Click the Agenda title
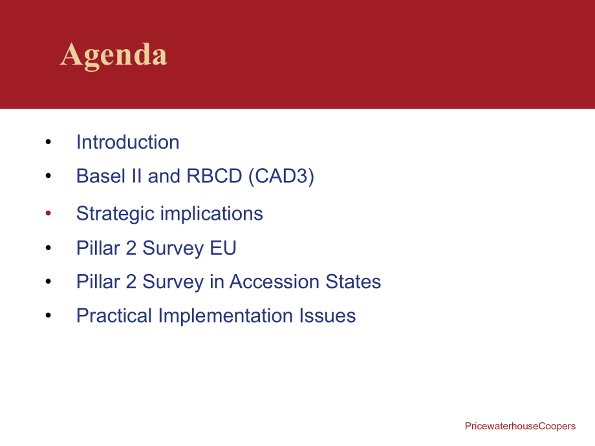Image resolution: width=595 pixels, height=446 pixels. tap(113, 56)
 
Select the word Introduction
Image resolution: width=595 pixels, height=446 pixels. tap(128, 142)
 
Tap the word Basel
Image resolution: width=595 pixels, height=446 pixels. tap(101, 176)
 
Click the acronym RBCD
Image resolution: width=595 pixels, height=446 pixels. tap(215, 176)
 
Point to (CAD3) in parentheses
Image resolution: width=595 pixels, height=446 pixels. tap(281, 176)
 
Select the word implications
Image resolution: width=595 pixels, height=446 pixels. tap(211, 214)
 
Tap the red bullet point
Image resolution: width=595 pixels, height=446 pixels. tap(49, 213)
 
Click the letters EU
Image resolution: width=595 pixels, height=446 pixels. tap(223, 248)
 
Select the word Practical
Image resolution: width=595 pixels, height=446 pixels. tap(114, 315)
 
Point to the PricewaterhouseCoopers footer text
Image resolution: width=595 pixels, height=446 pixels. tap(520, 426)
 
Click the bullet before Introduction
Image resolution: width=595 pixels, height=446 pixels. tap(49, 142)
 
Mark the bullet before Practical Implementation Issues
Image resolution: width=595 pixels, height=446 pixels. tap(49, 315)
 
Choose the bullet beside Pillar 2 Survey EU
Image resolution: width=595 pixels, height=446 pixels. tap(49, 248)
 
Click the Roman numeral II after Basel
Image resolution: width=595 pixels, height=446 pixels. tap(136, 176)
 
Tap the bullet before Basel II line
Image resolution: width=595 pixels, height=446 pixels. tap(49, 176)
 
